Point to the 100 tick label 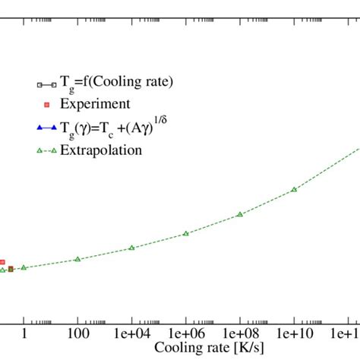tap(77, 333)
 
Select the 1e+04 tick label tap(131, 333)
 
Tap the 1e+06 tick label tap(185, 333)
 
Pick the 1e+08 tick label tap(239, 333)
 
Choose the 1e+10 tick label tap(294, 333)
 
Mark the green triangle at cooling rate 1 tap(24, 267)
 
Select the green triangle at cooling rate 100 tap(77, 259)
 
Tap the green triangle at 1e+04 tap(131, 248)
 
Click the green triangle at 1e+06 tap(185, 233)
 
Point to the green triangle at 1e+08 tap(239, 214)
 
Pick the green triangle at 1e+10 tap(294, 189)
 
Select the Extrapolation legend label tap(101, 150)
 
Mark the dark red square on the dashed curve tap(11, 269)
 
